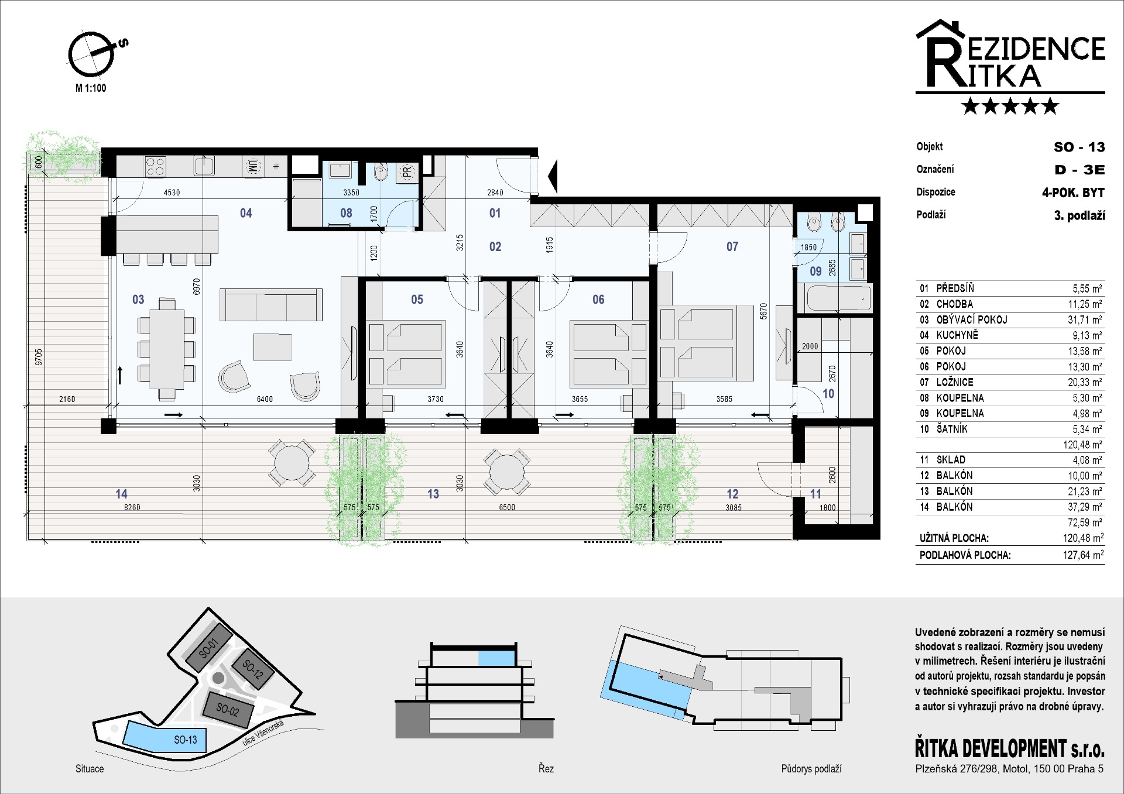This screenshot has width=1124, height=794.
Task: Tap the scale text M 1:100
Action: click(x=91, y=88)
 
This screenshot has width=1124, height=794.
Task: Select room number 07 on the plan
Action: click(x=732, y=247)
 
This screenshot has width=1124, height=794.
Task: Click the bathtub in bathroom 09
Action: click(x=838, y=298)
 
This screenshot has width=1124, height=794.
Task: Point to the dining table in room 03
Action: click(x=167, y=349)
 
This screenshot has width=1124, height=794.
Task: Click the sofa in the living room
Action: click(x=271, y=304)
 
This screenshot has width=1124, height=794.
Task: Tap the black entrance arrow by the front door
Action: click(x=553, y=176)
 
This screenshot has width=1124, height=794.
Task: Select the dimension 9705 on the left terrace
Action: click(x=39, y=357)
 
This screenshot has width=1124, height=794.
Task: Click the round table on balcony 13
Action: click(x=507, y=472)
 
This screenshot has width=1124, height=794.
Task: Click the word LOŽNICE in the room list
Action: click(x=955, y=382)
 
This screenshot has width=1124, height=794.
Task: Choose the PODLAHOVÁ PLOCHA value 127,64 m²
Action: click(x=1084, y=555)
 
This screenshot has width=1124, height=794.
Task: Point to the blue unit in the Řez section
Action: click(x=496, y=658)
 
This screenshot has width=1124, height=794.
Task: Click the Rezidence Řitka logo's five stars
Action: click(x=1010, y=106)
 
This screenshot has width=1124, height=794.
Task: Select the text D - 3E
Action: click(x=1080, y=170)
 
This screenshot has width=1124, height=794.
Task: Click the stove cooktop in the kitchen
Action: click(x=155, y=166)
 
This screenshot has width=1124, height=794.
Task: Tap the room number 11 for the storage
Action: click(x=815, y=494)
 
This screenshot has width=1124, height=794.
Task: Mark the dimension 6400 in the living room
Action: click(x=265, y=399)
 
